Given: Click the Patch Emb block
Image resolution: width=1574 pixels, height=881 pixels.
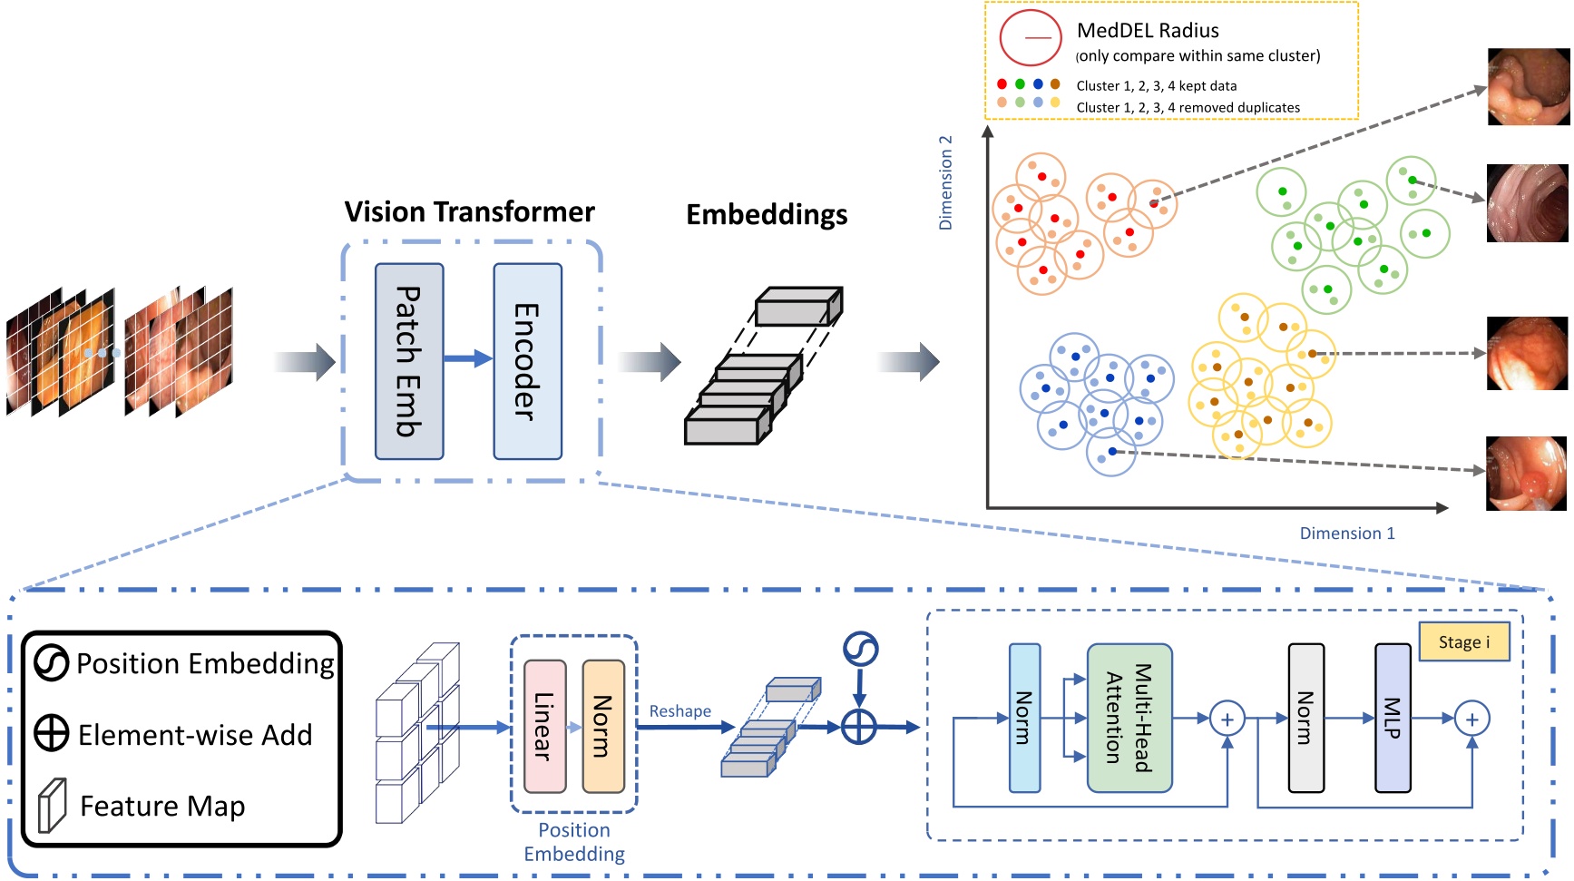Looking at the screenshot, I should coord(409,361).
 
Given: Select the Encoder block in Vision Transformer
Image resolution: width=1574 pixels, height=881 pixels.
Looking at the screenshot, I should coord(527,361).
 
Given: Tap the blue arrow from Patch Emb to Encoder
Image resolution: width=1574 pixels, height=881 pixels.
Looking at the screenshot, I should coord(468,358).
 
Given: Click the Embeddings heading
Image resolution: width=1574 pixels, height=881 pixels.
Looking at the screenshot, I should coord(767,215).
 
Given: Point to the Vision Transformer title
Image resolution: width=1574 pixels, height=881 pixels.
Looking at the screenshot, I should coord(469,211).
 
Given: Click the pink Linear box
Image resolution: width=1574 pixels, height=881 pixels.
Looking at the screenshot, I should coord(544,726).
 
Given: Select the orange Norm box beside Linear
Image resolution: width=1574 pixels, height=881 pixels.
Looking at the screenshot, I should coord(602,726).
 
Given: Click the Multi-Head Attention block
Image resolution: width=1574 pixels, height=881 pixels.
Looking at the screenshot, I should coord(1129,718).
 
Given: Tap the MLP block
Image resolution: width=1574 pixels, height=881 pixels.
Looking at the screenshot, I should coord(1393,718).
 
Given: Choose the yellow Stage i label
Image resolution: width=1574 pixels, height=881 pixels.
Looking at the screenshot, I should coord(1463,641).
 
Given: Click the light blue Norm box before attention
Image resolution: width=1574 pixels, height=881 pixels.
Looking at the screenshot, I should coord(1024,718).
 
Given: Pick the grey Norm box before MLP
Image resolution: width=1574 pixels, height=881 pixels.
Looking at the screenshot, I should coord(1305,718).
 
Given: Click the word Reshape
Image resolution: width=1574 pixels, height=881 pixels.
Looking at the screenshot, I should coord(679,711).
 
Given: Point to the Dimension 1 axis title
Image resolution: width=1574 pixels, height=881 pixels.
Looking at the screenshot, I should coord(1346,533).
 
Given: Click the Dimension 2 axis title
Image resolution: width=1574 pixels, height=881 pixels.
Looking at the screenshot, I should coord(945,182).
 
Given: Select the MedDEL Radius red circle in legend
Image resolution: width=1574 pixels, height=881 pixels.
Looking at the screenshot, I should coord(1031,38).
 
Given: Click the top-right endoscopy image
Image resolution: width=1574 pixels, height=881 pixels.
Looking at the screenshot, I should coord(1528,87).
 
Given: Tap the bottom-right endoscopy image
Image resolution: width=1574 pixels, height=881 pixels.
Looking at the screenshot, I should coord(1527,474).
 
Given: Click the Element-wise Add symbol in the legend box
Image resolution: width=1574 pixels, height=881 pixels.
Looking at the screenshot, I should coord(52,732).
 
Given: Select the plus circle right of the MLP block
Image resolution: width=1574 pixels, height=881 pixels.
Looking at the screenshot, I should coord(1471,719).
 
